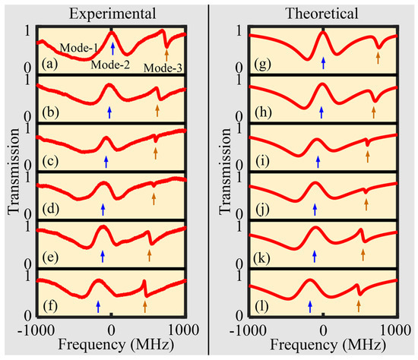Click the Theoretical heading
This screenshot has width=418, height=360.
[x=323, y=13]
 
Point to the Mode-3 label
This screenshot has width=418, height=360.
[x=166, y=65]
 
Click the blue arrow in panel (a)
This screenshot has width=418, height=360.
[x=112, y=49]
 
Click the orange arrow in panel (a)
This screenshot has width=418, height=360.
[x=166, y=53]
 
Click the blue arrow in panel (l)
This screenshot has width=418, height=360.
[x=309, y=305]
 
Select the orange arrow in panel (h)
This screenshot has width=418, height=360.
[x=374, y=112]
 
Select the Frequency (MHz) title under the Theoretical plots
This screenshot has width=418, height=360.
[x=323, y=346]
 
